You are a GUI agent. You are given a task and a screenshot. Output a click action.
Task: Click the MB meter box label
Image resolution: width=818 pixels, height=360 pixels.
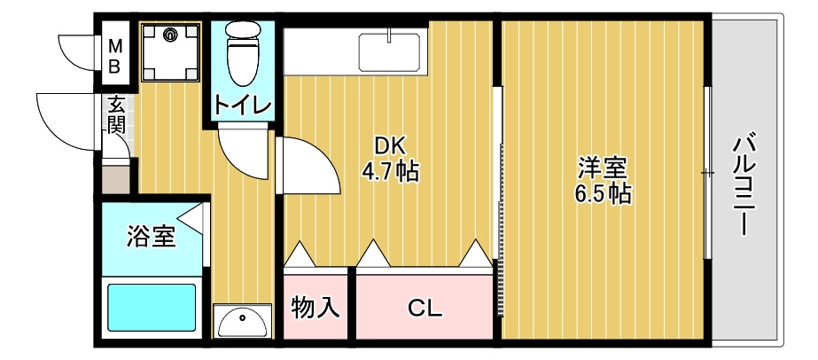tap(115, 57)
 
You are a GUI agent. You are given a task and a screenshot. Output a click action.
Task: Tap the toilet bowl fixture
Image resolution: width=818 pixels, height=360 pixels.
tap(244, 52)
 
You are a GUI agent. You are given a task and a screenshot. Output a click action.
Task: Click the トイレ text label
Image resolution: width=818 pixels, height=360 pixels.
tap(243, 106)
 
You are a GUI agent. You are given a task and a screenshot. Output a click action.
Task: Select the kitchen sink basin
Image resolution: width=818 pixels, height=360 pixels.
tap(389, 52)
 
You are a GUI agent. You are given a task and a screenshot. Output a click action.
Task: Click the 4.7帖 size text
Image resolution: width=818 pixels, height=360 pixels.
tap(391, 170)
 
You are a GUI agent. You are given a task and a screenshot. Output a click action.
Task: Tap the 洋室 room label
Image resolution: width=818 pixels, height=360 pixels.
tap(603, 169)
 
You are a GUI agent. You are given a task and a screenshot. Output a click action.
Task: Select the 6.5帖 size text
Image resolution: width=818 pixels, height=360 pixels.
tap(603, 193)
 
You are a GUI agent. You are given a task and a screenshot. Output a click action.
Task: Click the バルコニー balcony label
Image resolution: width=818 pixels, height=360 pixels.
tap(744, 184)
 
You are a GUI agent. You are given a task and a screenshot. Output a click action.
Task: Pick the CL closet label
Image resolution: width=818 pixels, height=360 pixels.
tap(425, 309)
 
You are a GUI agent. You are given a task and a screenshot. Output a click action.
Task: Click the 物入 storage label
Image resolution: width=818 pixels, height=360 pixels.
tap(316, 307)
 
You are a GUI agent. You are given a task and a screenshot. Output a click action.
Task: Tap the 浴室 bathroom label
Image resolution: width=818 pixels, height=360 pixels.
tap(152, 237)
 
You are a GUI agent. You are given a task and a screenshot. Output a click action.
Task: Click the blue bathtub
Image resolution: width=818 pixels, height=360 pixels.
tap(152, 308)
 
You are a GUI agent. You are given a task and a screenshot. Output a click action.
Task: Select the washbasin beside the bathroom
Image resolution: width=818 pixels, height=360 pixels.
tap(243, 321)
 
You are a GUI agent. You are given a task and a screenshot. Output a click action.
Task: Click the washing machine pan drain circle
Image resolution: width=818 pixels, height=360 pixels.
tap(170, 35)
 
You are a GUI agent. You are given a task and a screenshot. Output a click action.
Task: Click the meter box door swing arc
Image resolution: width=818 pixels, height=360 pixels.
tap(73, 59)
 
